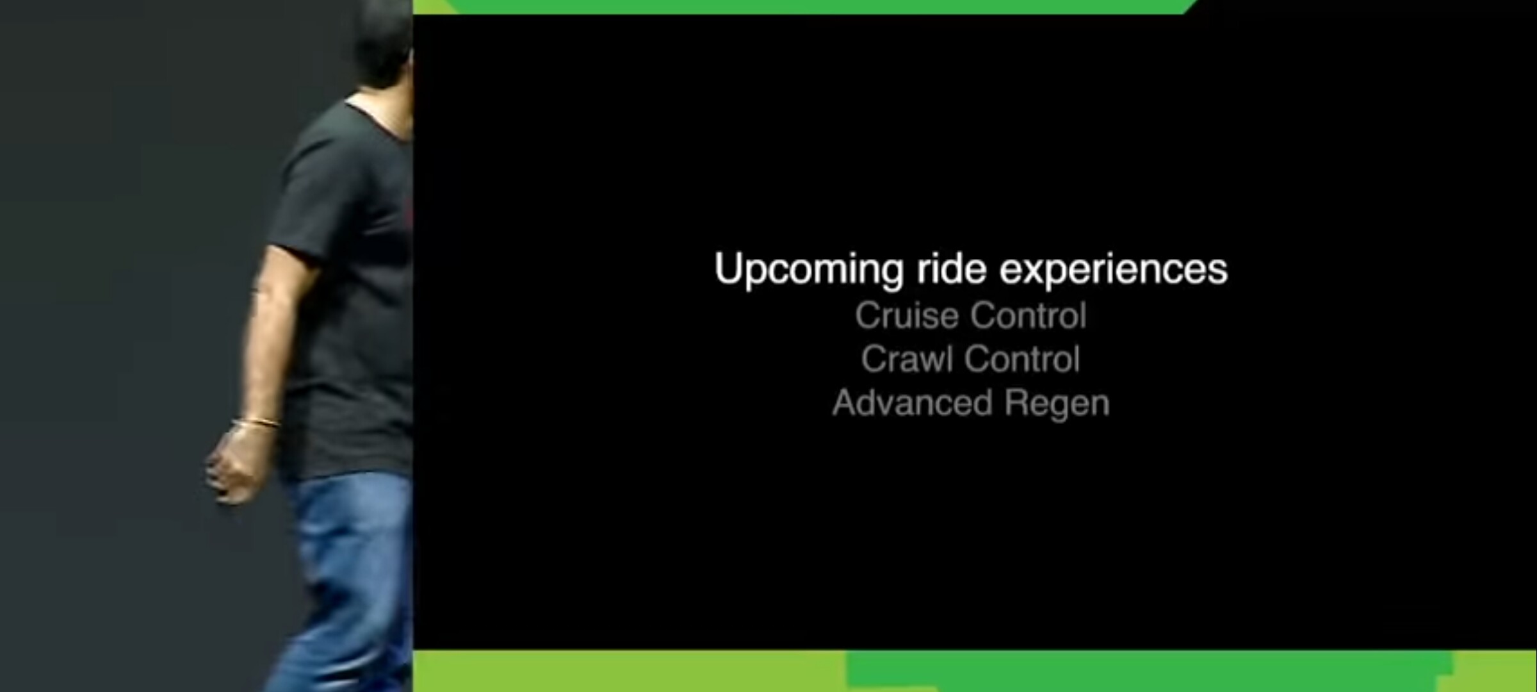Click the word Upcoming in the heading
click(809, 270)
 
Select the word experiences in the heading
click(1114, 270)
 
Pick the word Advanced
click(913, 403)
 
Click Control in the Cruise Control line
click(1029, 315)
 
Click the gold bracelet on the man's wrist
click(256, 423)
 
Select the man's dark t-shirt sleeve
click(301, 192)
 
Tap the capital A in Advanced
click(845, 403)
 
